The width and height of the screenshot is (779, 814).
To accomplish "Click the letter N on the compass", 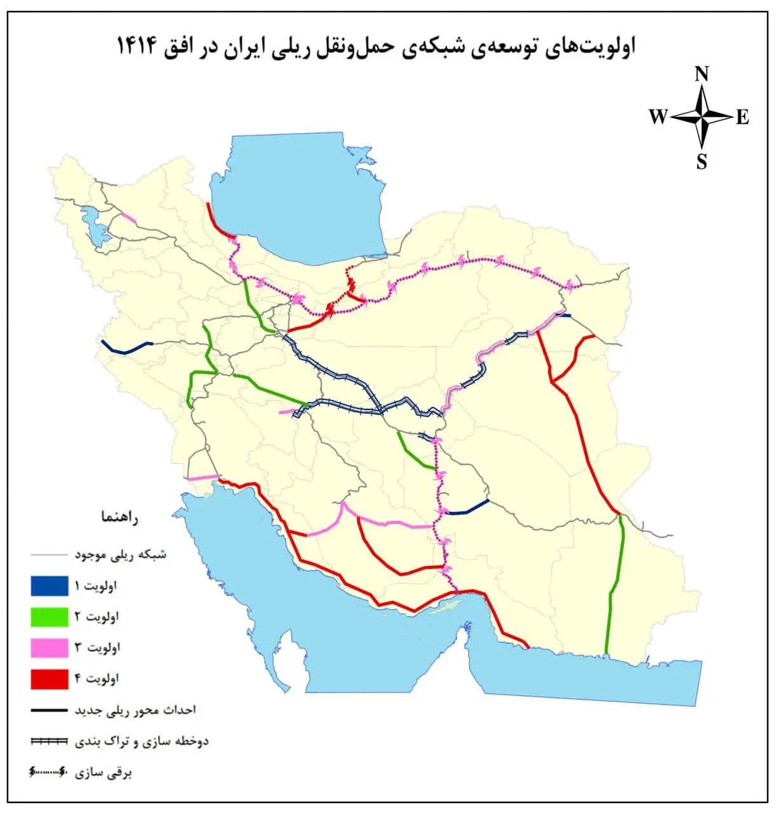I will point(701,74).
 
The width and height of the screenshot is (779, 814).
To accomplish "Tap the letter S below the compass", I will point(701,162).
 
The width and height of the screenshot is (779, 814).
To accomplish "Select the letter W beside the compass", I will point(658,117).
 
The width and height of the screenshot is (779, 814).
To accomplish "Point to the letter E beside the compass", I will point(743,118).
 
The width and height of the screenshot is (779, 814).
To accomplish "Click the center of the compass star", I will point(701,117).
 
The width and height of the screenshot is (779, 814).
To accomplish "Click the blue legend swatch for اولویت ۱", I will point(49,586).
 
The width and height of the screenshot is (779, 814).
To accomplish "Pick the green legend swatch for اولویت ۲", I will point(49,617).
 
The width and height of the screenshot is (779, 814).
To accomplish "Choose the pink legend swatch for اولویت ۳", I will point(49,648).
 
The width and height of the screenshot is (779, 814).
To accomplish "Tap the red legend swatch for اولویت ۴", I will point(49,679).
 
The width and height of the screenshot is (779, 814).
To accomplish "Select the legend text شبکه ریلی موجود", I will point(120,555).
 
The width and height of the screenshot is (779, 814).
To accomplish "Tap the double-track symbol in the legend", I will point(49,742).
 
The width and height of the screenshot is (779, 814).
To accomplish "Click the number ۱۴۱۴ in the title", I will point(137,46).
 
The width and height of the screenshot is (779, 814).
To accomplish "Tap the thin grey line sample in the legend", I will point(48,555).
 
